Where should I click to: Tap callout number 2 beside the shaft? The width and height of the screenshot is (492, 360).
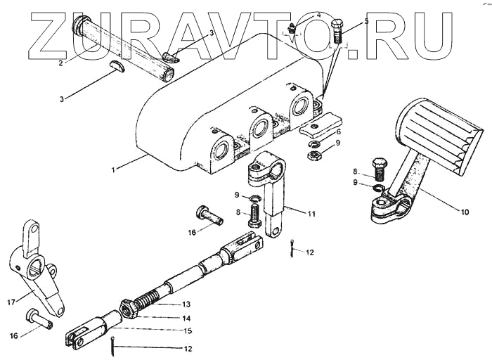61,63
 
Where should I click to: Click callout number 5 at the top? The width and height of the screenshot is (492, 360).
365,22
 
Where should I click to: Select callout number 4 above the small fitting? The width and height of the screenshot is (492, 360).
298,15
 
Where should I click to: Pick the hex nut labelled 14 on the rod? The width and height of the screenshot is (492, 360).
128,307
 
